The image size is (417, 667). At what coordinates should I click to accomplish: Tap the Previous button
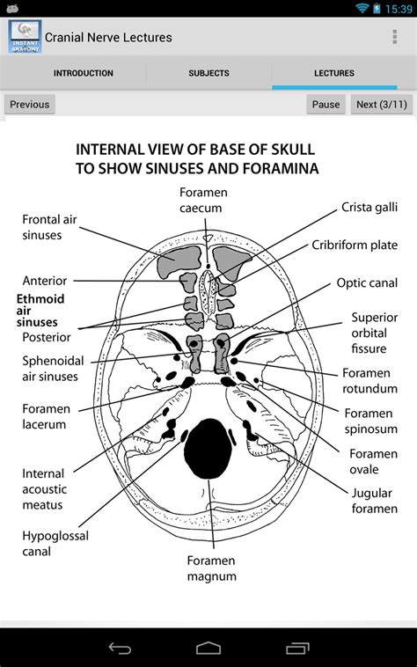point(30,104)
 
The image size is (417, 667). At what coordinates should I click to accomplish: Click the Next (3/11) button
point(380,104)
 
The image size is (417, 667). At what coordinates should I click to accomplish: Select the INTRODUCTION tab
point(83,74)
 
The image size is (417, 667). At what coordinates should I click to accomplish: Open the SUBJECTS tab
point(208,74)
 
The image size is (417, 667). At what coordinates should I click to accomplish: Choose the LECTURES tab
point(334,74)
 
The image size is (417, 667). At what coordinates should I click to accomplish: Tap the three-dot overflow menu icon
point(394,37)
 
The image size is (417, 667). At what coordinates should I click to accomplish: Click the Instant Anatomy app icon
point(25,37)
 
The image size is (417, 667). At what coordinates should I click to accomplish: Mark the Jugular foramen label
point(374,501)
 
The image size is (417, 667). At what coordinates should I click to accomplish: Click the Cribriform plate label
point(355,246)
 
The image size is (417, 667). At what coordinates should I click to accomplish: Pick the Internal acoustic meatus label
point(43,489)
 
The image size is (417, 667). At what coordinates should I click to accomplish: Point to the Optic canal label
point(367,283)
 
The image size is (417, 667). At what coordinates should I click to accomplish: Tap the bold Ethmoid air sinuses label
point(40,311)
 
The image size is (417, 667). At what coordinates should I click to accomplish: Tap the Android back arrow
point(120,649)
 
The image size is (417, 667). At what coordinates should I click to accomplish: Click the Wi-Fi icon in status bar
point(362,8)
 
